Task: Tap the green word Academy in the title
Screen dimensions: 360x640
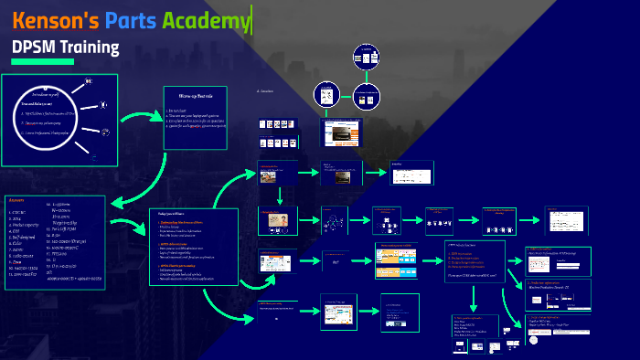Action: coord(206,21)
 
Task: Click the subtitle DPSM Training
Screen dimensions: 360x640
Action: coord(65,47)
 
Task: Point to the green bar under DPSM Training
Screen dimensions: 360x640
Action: coord(42,61)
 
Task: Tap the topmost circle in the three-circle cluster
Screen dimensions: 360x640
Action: coord(366,58)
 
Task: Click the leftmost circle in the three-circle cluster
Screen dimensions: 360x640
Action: coord(328,95)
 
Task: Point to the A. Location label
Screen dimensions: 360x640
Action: coord(265,90)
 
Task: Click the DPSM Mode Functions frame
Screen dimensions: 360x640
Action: coord(475,259)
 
